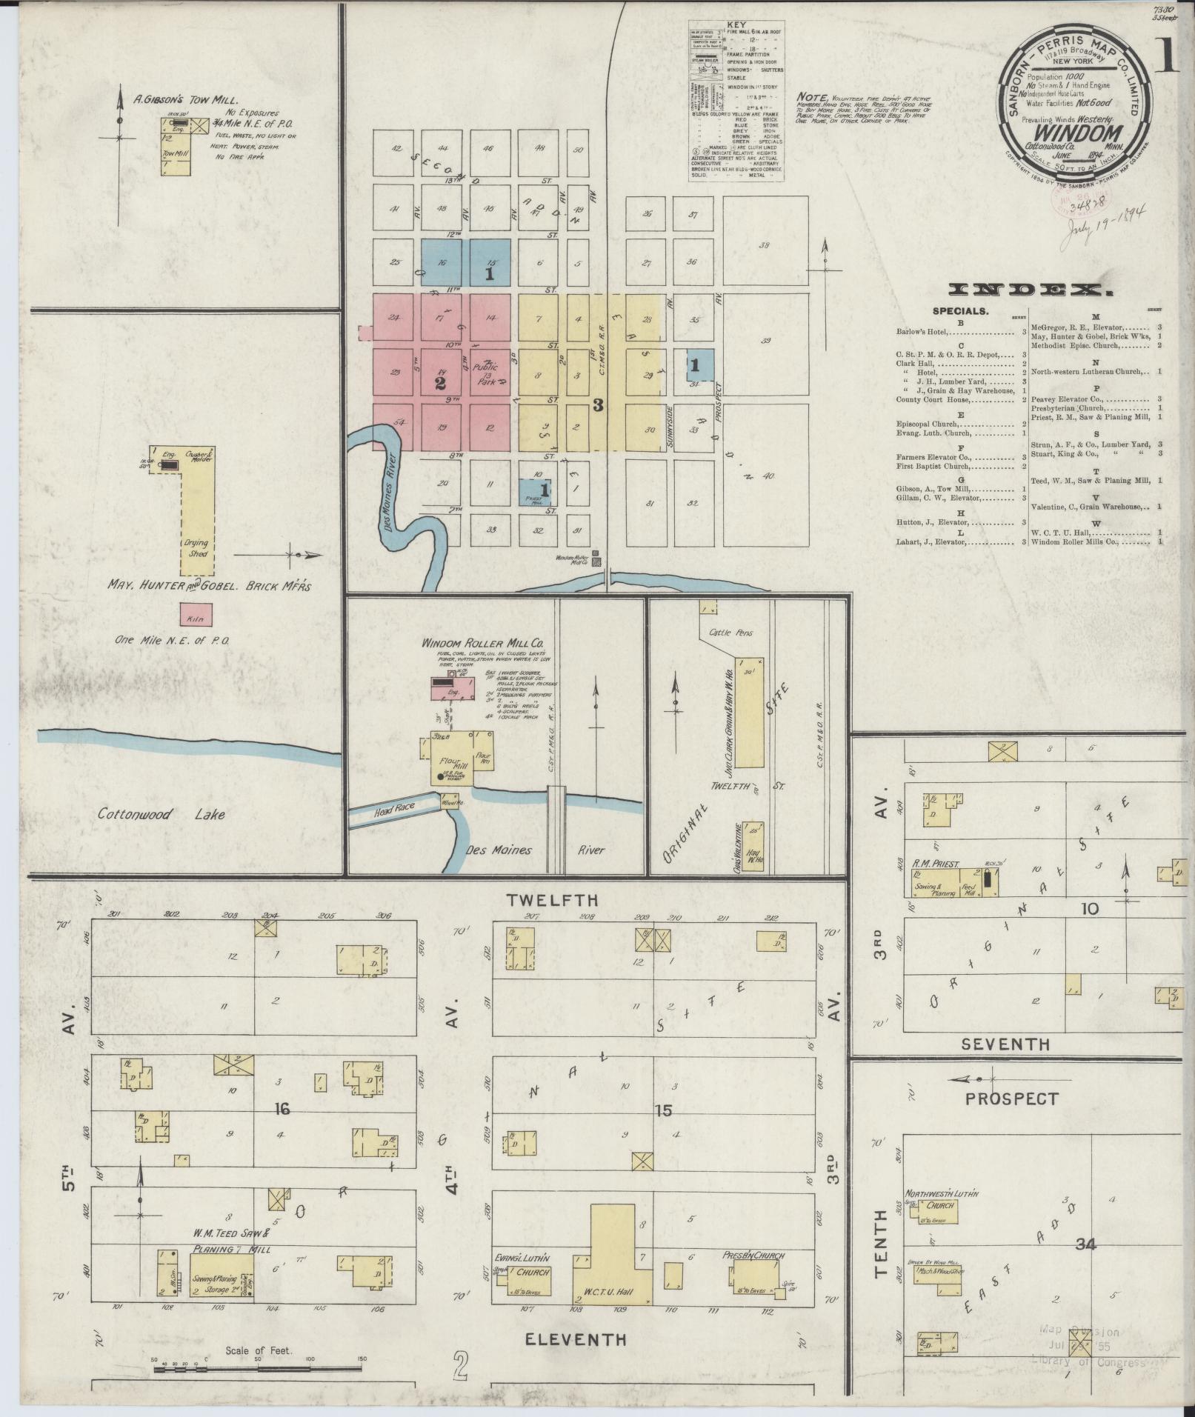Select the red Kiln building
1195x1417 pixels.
tap(196, 614)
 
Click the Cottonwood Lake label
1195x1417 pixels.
tap(162, 815)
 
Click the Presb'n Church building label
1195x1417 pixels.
tap(753, 1255)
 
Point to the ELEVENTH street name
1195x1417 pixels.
tap(576, 1338)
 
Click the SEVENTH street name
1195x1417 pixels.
tap(1005, 1044)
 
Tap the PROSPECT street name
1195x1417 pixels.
tap(1012, 1098)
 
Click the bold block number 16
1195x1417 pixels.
tap(281, 1108)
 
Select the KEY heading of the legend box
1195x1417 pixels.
tap(736, 23)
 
